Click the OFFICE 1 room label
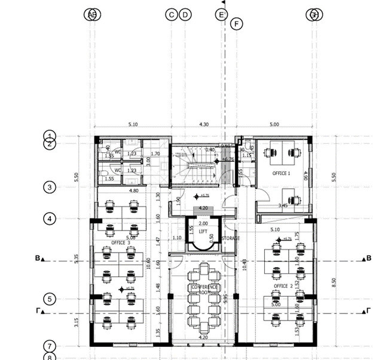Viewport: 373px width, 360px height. pyautogui.click(x=281, y=173)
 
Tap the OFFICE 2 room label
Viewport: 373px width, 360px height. pyautogui.click(x=283, y=286)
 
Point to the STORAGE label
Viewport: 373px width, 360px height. pyautogui.click(x=230, y=239)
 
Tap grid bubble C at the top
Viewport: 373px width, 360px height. pyautogui.click(x=172, y=15)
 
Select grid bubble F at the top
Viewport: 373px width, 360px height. pyautogui.click(x=237, y=24)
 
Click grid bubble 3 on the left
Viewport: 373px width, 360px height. pyautogui.click(x=50, y=187)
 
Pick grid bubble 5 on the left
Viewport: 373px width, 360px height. pyautogui.click(x=50, y=299)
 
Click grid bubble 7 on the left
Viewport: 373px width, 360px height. pyautogui.click(x=50, y=346)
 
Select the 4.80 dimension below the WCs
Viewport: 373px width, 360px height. pyautogui.click(x=134, y=191)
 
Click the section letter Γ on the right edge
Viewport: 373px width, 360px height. pyautogui.click(x=368, y=310)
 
